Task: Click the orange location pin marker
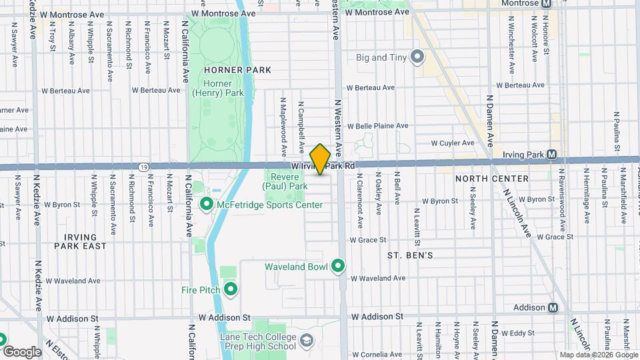pyautogui.click(x=320, y=159)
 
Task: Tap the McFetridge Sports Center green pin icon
pyautogui.click(x=207, y=204)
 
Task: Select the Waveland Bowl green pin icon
pyautogui.click(x=338, y=267)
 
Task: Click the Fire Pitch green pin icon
pyautogui.click(x=231, y=289)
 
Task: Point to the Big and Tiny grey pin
pyautogui.click(x=417, y=57)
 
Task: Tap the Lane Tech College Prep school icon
pyautogui.click(x=306, y=341)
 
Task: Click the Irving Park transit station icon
pyautogui.click(x=552, y=155)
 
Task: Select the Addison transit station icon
pyautogui.click(x=552, y=307)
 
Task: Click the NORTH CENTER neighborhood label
pyautogui.click(x=492, y=179)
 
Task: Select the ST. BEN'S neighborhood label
pyautogui.click(x=411, y=255)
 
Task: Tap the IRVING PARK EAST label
pyautogui.click(x=85, y=241)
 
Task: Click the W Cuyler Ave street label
pyautogui.click(x=452, y=143)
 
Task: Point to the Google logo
pyautogui.click(x=22, y=351)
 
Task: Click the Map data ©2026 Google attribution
pyautogui.click(x=598, y=355)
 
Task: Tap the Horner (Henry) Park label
pyautogui.click(x=218, y=88)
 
